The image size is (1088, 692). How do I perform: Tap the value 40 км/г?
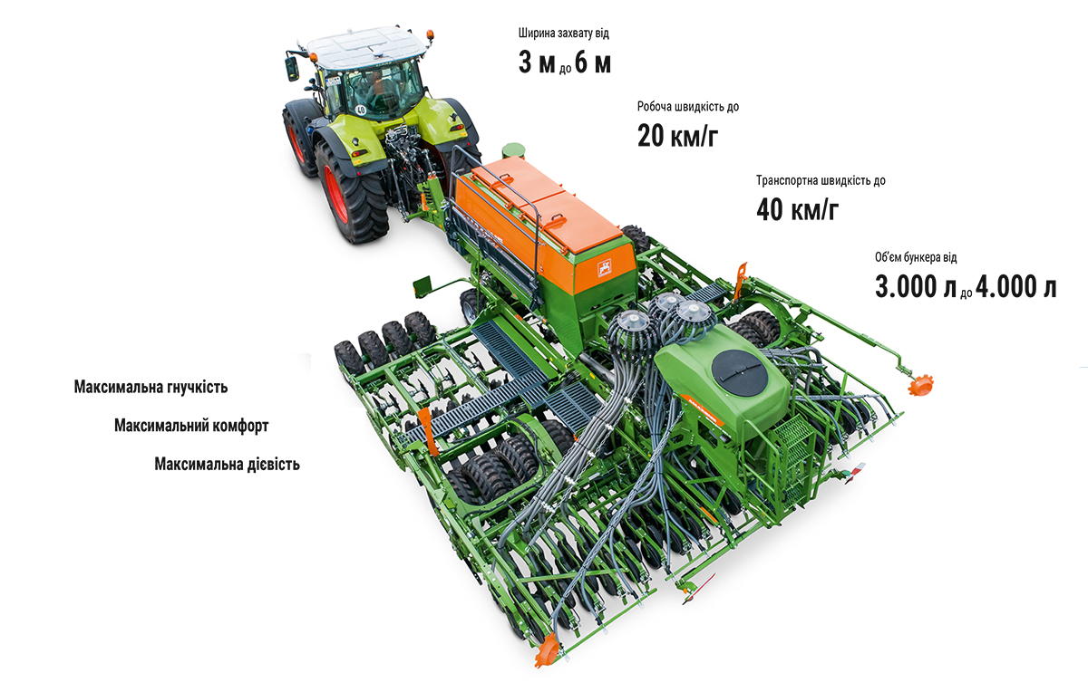tap(797, 209)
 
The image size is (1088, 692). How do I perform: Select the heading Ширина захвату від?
tap(563, 33)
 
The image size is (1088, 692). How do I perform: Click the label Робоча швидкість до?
tap(688, 106)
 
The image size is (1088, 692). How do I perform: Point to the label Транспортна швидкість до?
tap(821, 180)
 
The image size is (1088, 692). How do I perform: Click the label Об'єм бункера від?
tap(916, 257)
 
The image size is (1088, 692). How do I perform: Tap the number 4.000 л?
tap(1015, 287)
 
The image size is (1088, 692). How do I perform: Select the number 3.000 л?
tap(916, 287)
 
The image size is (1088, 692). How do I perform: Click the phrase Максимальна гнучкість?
tap(151, 387)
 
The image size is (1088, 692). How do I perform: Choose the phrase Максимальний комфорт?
tap(191, 426)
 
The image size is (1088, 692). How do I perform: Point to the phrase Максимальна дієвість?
tap(227, 464)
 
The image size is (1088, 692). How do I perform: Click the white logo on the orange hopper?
tap(604, 268)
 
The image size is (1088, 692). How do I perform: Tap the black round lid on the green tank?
tap(740, 373)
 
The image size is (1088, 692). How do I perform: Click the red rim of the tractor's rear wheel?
tap(335, 194)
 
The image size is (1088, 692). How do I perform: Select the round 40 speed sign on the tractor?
tap(361, 110)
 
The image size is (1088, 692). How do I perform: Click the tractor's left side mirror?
tap(291, 69)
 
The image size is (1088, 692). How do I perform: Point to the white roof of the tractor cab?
tap(365, 45)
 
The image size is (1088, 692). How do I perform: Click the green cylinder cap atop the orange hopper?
tap(513, 150)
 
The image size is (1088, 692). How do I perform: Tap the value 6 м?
tap(593, 63)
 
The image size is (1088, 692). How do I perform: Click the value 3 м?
tap(537, 63)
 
